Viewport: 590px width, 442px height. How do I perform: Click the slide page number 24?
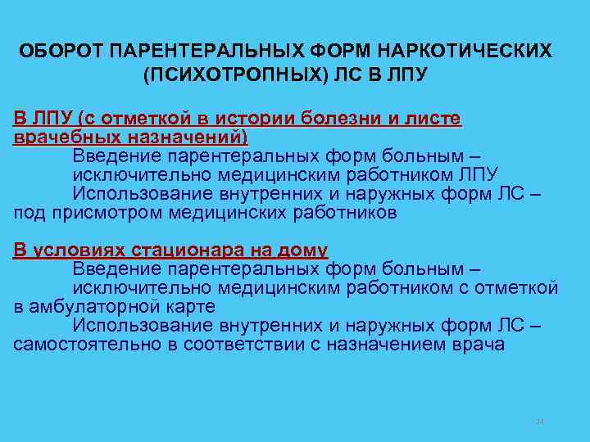[539, 422]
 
